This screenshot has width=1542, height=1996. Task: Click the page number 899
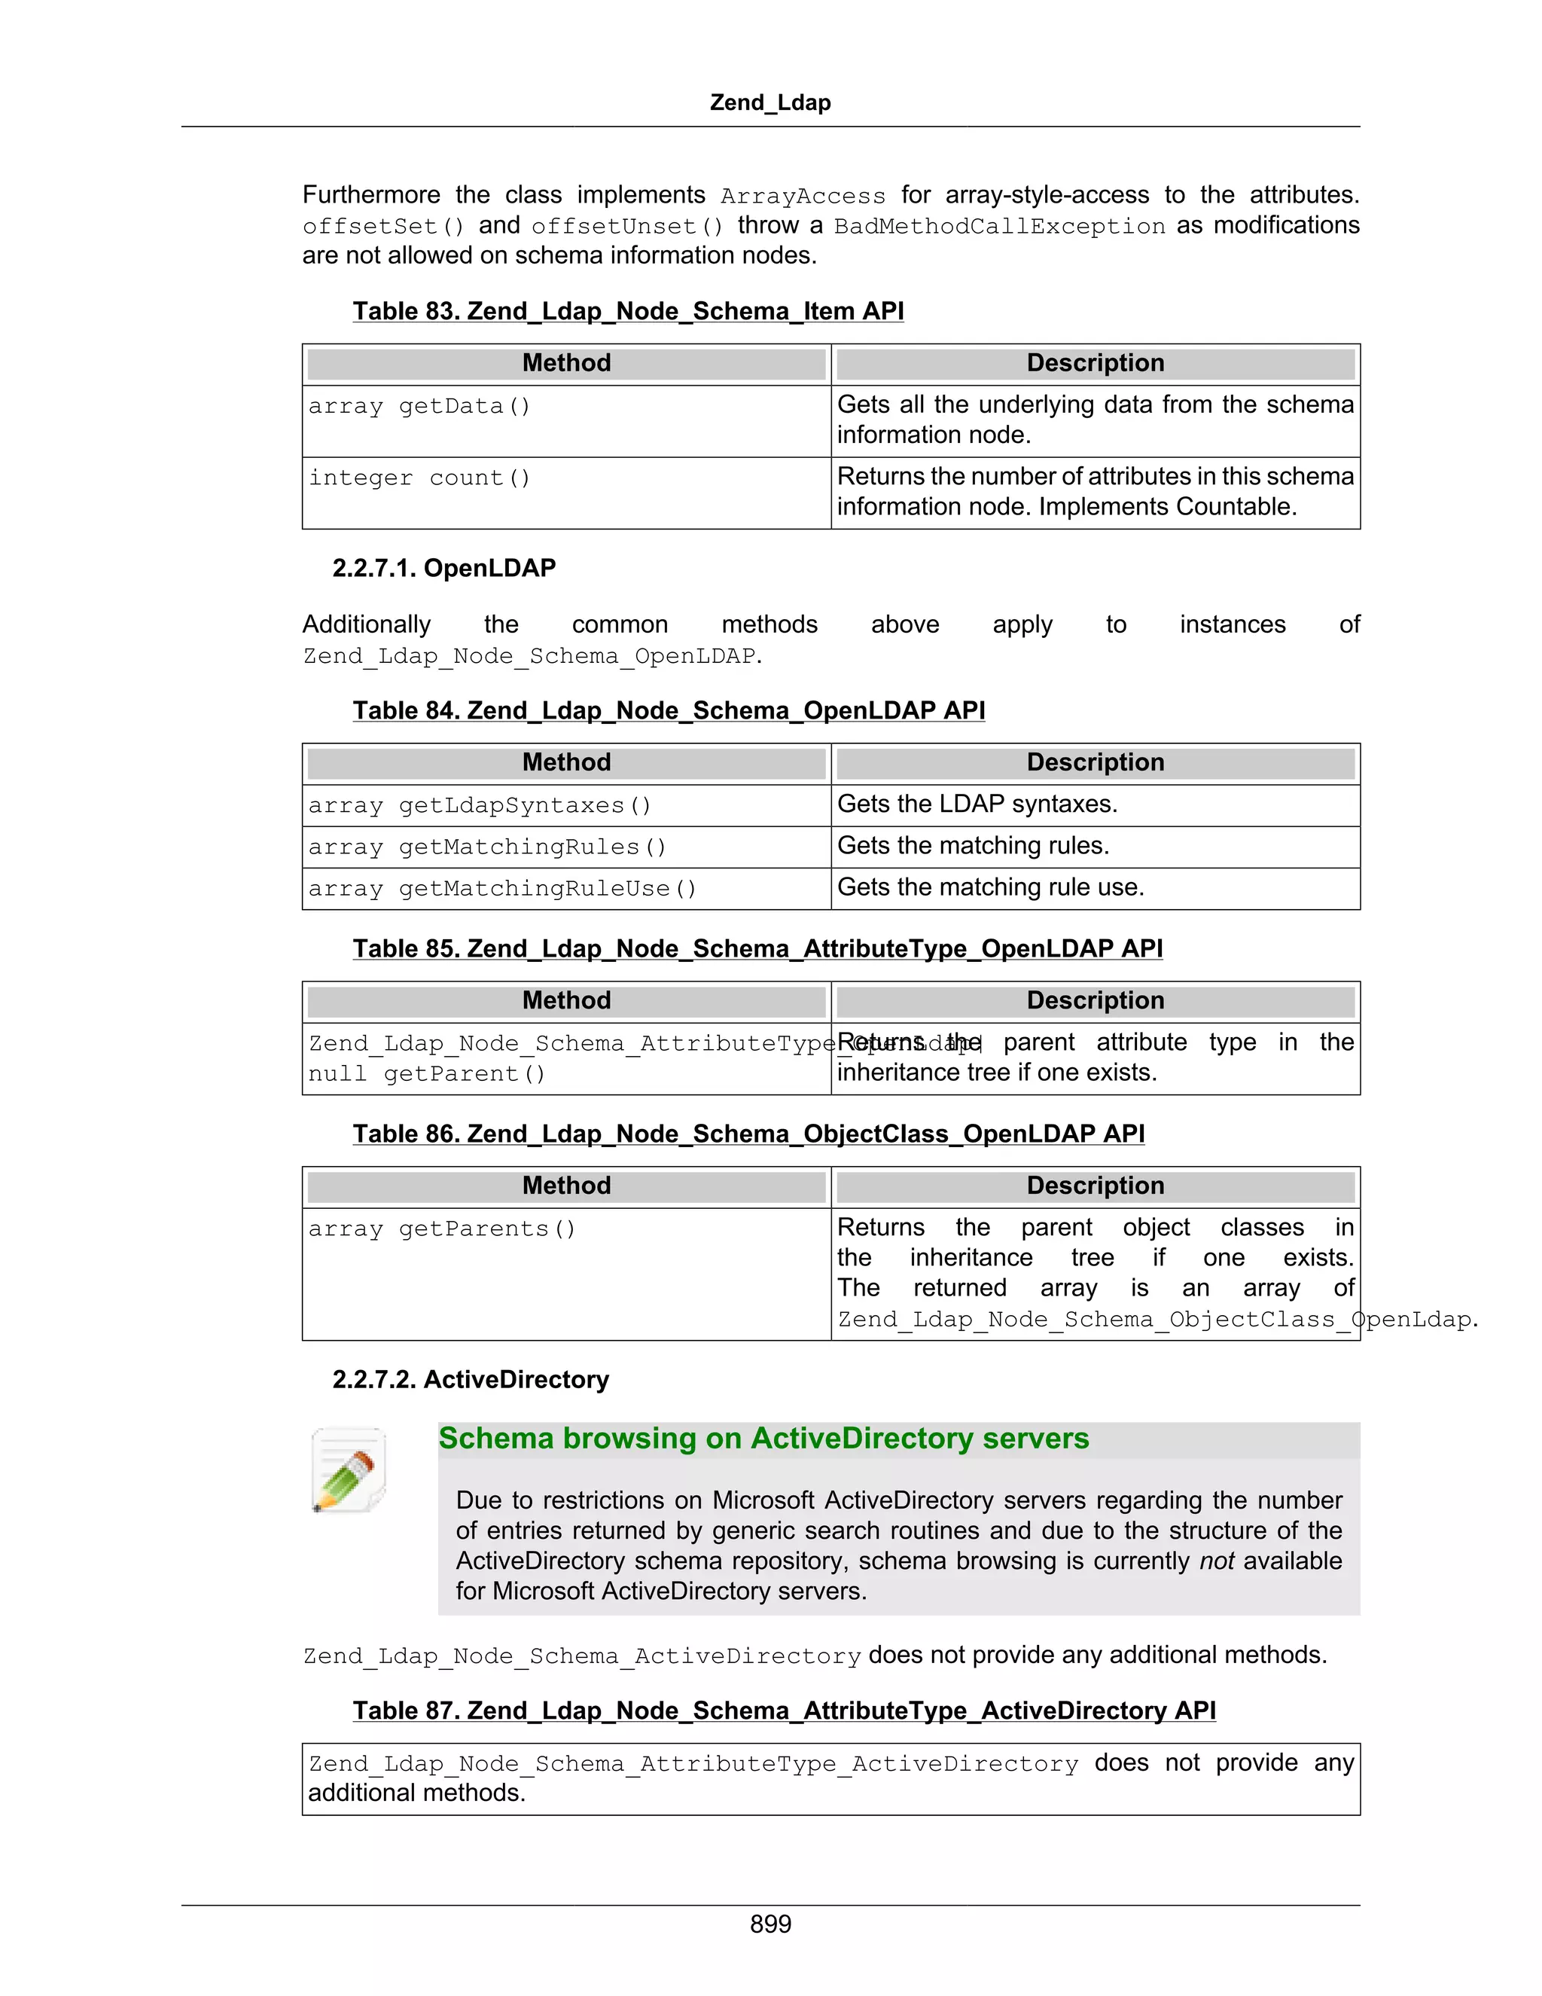click(770, 1924)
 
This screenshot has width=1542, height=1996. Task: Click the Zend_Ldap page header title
click(770, 102)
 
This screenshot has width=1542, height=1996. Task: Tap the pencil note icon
click(349, 1470)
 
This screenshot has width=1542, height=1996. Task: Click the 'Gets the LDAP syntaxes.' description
click(977, 804)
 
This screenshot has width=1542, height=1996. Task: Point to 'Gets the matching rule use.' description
click(990, 887)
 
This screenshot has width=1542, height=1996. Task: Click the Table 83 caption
click(629, 312)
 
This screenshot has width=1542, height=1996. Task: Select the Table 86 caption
click(748, 1134)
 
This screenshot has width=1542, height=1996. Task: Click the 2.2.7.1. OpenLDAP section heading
click(444, 569)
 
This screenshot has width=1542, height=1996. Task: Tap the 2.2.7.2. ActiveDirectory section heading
click(471, 1379)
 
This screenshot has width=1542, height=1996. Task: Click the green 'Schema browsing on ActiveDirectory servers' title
click(763, 1439)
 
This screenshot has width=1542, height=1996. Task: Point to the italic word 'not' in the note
click(1217, 1561)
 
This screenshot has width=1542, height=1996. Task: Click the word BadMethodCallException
click(999, 226)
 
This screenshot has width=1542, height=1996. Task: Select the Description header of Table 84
click(1096, 762)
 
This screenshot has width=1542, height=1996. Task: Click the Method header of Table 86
click(566, 1186)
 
